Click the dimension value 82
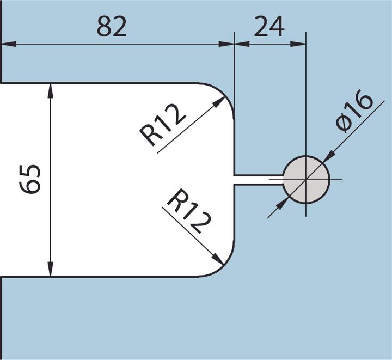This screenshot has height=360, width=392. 112,26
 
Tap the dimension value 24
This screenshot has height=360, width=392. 269,26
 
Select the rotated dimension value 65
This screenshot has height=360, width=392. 30,179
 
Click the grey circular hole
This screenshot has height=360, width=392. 306,180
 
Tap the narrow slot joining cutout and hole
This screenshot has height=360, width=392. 258,180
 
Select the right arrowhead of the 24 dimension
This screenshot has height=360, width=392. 299,44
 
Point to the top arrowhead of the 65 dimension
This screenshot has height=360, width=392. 51,90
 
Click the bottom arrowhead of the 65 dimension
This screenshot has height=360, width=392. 51,269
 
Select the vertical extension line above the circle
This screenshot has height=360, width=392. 306,98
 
